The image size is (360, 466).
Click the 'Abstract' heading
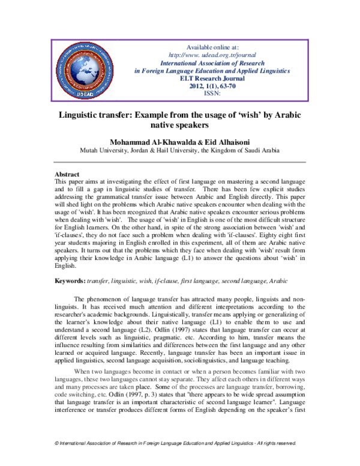coord(67,174)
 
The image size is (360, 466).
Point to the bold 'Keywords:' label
coord(69,281)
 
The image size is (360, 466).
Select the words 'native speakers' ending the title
coord(181,126)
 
